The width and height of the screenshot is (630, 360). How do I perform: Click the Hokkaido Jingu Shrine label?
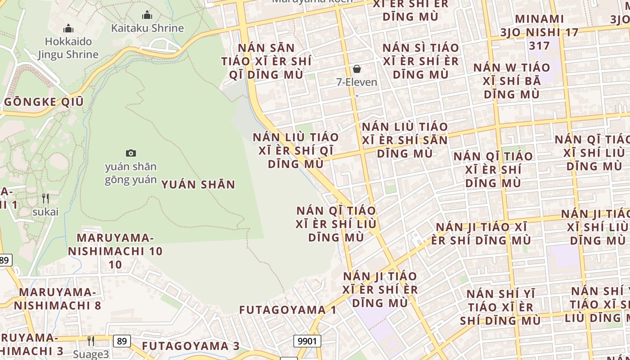[68, 48]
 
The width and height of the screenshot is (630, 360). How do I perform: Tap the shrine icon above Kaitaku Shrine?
[147, 15]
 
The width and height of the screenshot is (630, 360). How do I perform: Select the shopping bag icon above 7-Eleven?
[357, 69]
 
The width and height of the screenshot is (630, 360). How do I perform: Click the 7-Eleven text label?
[357, 82]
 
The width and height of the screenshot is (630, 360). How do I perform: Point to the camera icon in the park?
[131, 153]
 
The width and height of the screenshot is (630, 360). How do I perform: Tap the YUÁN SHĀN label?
[198, 184]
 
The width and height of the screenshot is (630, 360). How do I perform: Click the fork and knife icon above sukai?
[45, 198]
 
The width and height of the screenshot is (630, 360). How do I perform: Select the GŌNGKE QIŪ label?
[44, 102]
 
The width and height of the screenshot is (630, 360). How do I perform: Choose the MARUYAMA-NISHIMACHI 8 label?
[58, 299]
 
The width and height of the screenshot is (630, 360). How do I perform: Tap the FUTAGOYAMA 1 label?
[288, 310]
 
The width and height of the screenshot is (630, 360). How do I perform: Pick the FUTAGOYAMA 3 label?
[191, 346]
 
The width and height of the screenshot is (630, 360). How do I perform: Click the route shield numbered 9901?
[308, 341]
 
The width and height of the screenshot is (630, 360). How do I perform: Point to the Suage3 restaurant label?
[91, 354]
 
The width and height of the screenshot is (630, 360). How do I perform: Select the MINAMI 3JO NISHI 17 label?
[539, 32]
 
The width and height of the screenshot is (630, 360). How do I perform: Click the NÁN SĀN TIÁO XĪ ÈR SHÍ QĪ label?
[266, 61]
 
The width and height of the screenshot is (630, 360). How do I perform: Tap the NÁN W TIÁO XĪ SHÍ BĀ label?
[512, 81]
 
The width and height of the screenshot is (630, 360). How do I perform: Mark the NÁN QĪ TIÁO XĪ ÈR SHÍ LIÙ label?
[336, 224]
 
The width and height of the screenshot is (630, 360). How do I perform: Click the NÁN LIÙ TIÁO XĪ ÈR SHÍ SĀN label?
[405, 140]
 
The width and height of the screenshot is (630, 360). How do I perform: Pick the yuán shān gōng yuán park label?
[131, 173]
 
